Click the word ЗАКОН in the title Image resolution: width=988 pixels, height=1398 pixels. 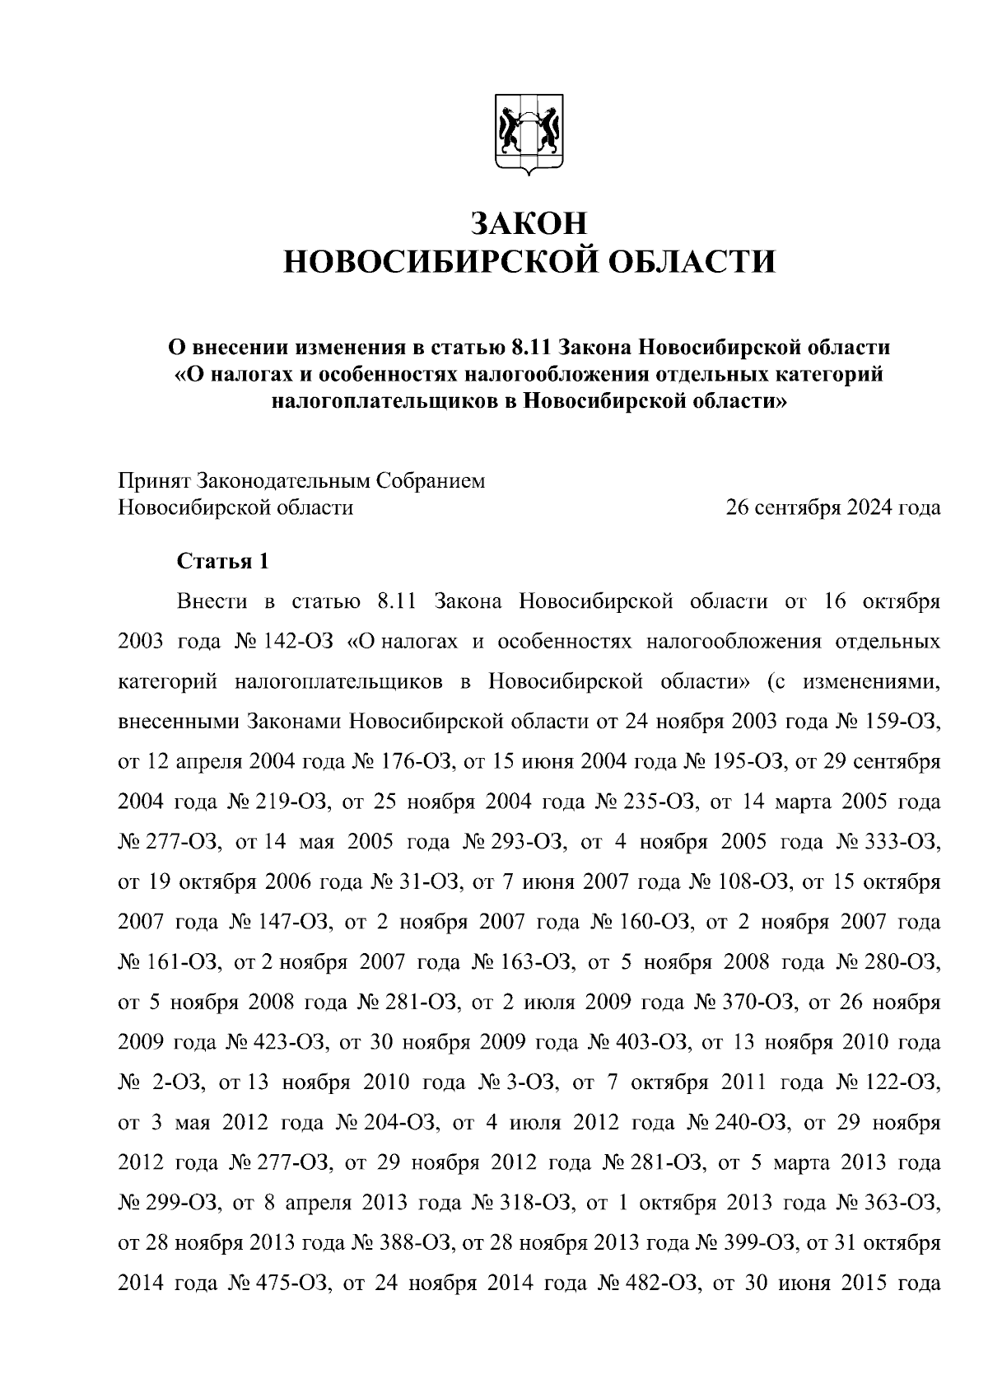(529, 223)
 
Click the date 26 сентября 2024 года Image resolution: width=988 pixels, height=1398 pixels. (832, 507)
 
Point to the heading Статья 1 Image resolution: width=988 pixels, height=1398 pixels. (223, 562)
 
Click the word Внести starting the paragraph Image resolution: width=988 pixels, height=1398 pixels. (212, 601)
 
